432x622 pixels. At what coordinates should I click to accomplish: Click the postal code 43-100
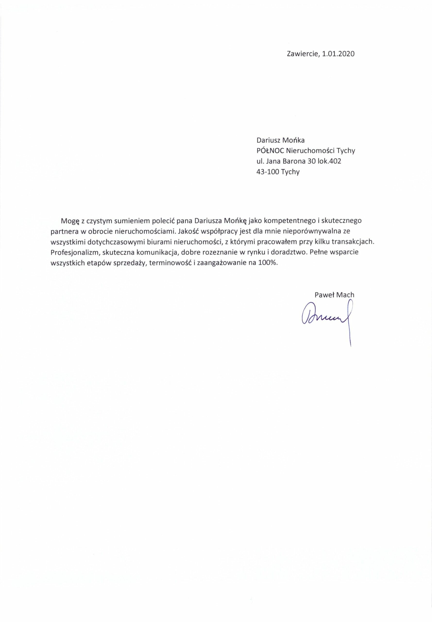pyautogui.click(x=268, y=172)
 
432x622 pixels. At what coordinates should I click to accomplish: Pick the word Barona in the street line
pyautogui.click(x=293, y=161)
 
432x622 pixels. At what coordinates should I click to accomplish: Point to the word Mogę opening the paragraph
pyautogui.click(x=70, y=221)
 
